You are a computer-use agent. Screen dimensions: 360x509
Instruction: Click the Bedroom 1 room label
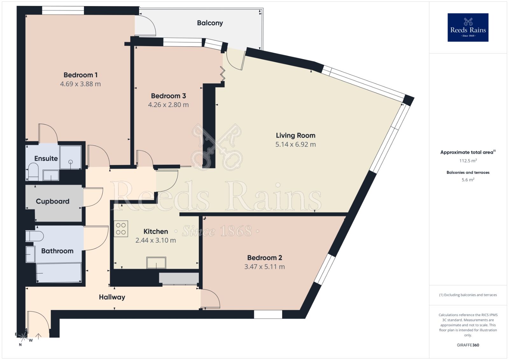pyautogui.click(x=80, y=75)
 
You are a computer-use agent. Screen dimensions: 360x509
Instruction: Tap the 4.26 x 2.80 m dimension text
pyautogui.click(x=168, y=105)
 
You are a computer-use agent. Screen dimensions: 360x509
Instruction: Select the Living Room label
pyautogui.click(x=296, y=135)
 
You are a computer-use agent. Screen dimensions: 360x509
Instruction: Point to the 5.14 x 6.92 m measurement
pyautogui.click(x=296, y=144)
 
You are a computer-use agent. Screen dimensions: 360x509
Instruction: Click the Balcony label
pyautogui.click(x=210, y=23)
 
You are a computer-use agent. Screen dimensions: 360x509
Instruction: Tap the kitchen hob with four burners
pyautogui.click(x=121, y=229)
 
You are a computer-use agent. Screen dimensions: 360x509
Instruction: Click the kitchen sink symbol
pyautogui.click(x=156, y=263)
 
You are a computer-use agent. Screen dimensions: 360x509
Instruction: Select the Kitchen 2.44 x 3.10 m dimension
pyautogui.click(x=156, y=240)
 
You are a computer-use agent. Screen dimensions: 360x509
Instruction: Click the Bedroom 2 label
pyautogui.click(x=265, y=258)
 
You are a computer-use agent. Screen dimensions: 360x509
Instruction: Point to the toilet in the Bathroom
pyautogui.click(x=34, y=236)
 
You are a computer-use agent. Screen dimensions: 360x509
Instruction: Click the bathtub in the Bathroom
pyautogui.click(x=59, y=273)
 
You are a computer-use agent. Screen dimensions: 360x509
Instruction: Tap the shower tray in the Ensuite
pyautogui.click(x=70, y=157)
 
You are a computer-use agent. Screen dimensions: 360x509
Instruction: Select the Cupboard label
pyautogui.click(x=52, y=201)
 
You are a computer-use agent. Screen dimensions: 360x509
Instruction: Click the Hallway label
pyautogui.click(x=112, y=297)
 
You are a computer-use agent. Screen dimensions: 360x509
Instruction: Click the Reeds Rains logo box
pyautogui.click(x=468, y=27)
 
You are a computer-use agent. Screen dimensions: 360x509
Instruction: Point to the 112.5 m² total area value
pyautogui.click(x=468, y=161)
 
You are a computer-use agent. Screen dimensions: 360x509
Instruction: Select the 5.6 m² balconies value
pyautogui.click(x=468, y=180)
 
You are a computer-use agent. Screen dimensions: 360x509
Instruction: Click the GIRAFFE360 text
pyautogui.click(x=468, y=345)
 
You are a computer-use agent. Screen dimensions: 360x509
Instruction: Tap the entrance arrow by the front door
pyautogui.click(x=38, y=336)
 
